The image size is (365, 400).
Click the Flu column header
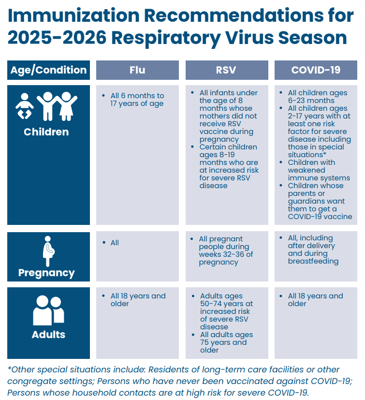click(x=137, y=70)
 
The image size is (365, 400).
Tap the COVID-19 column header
click(x=315, y=70)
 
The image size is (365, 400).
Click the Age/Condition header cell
click(x=48, y=70)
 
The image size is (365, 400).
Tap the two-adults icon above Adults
click(x=48, y=310)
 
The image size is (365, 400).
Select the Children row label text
click(x=46, y=132)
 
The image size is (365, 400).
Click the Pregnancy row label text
click(x=46, y=273)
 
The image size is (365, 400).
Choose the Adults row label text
click(x=48, y=334)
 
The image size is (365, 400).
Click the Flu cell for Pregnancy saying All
click(x=115, y=243)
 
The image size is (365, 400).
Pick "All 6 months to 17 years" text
click(x=137, y=100)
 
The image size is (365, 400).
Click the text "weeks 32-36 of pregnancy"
click(x=225, y=258)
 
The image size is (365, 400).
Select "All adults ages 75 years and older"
click(x=226, y=342)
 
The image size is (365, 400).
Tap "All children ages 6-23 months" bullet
click(x=317, y=97)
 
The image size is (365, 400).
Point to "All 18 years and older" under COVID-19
click(x=315, y=299)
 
